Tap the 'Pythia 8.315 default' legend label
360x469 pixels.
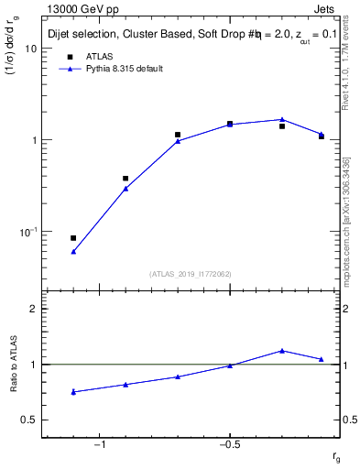point(120,69)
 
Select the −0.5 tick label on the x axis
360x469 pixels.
point(229,445)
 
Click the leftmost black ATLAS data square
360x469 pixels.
point(73,238)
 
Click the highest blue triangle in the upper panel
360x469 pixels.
point(282,119)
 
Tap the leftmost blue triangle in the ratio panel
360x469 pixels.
point(73,392)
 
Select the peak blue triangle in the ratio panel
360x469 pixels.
point(282,350)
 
